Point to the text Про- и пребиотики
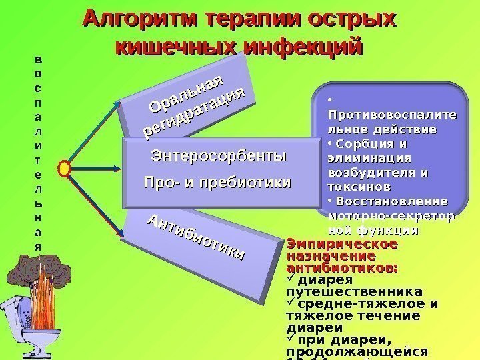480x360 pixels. pyautogui.click(x=218, y=182)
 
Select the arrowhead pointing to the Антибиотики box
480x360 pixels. pyautogui.click(x=120, y=232)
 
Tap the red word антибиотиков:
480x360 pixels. pyautogui.click(x=342, y=268)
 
